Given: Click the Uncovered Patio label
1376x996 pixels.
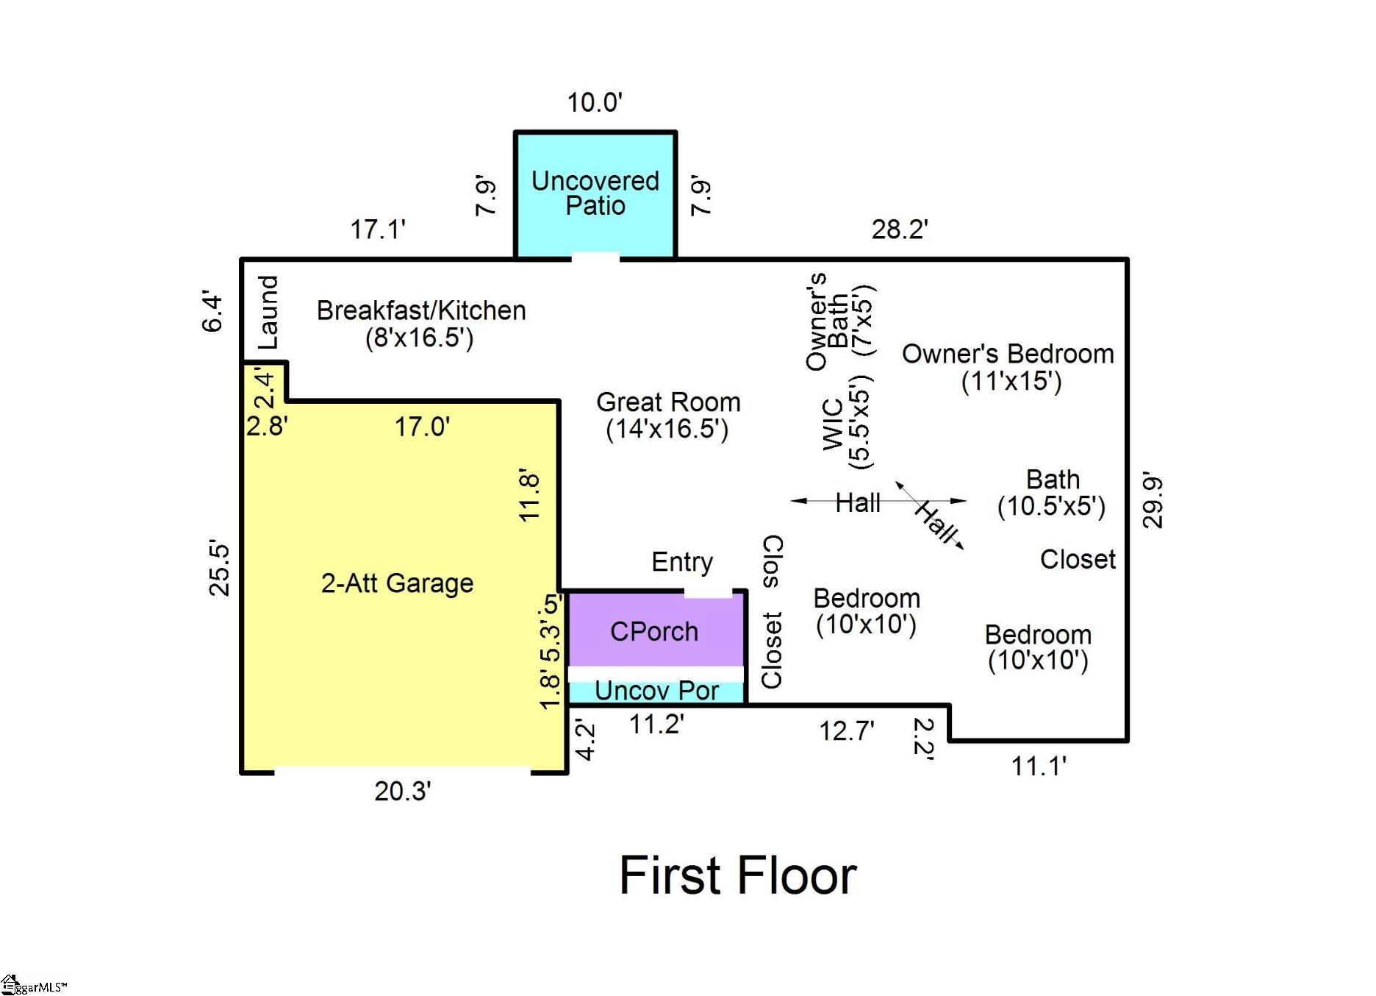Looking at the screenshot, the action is point(595,193).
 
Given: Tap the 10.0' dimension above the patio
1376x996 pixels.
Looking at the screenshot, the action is point(595,102).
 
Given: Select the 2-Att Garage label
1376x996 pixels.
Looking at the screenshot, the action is point(397,583).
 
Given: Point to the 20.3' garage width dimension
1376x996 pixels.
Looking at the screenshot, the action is point(403,792).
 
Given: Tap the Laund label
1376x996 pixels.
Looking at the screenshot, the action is point(268,312).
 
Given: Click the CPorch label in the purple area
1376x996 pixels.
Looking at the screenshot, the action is point(654,632).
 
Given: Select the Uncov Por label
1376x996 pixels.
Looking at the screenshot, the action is point(656,691).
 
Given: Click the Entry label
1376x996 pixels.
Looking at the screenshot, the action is point(682,563).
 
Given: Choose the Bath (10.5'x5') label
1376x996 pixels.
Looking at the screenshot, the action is point(1052,493).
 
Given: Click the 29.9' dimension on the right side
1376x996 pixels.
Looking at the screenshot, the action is point(1153,502).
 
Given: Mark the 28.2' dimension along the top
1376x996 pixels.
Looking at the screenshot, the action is point(900,230).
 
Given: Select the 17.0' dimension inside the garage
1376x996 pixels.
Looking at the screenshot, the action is point(423,427).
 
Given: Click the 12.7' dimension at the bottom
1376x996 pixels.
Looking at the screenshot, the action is point(847,731).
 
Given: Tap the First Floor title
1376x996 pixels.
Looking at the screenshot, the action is point(738,875).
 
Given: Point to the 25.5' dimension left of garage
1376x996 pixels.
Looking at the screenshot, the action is point(219,569).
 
